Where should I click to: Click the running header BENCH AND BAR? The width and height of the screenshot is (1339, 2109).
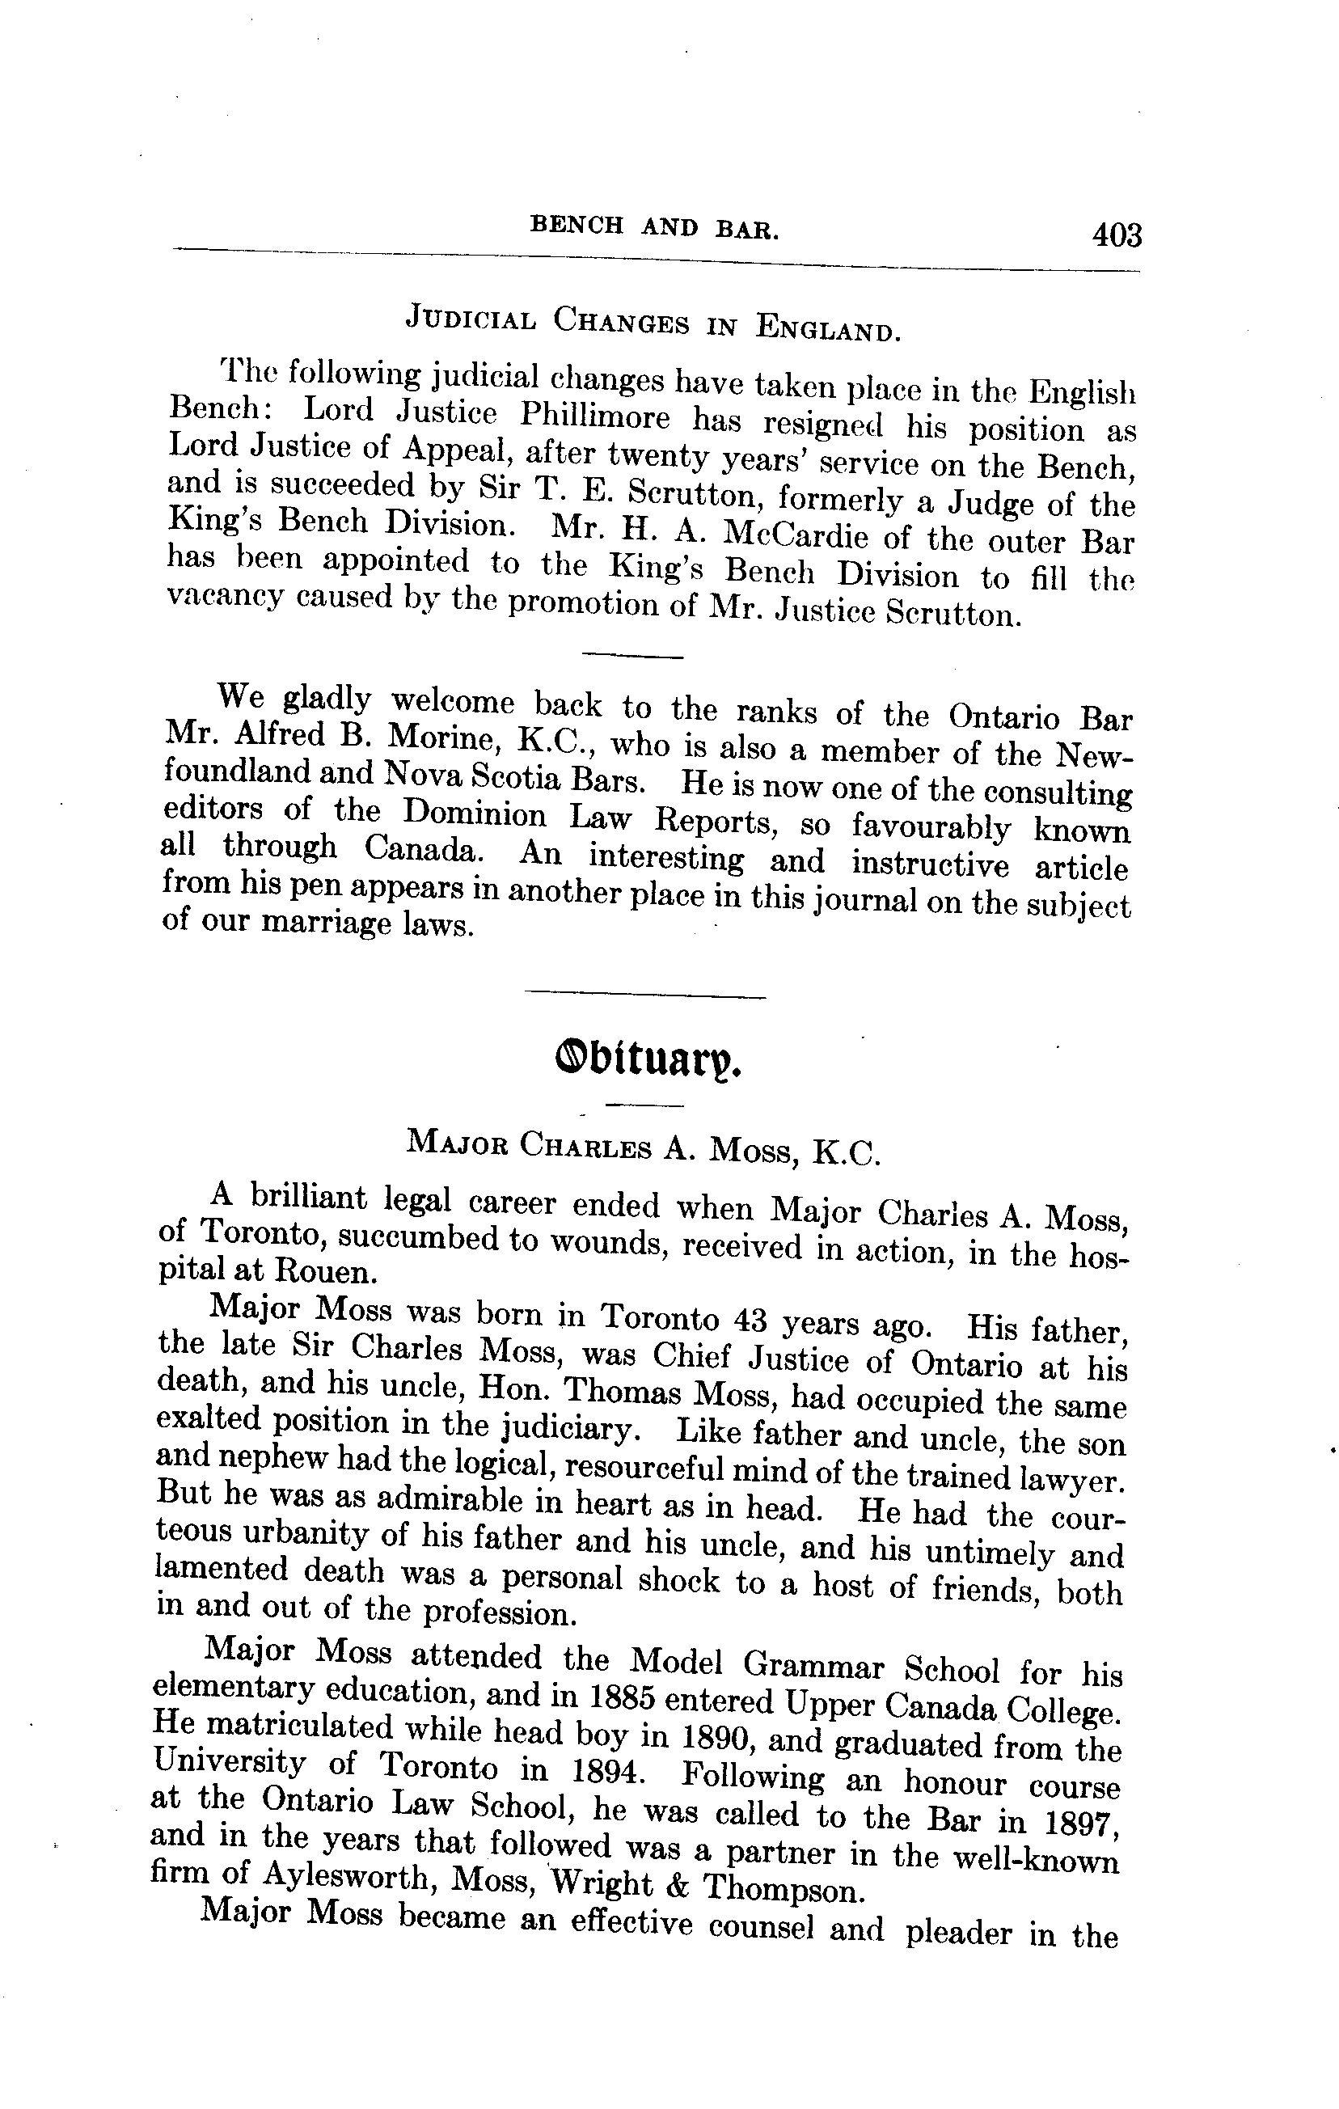click(x=655, y=228)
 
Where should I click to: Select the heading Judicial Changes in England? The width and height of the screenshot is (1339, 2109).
click(x=653, y=324)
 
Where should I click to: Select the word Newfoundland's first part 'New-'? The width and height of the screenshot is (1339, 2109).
click(x=1095, y=754)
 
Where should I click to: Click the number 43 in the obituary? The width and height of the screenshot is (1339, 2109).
click(x=745, y=1320)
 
